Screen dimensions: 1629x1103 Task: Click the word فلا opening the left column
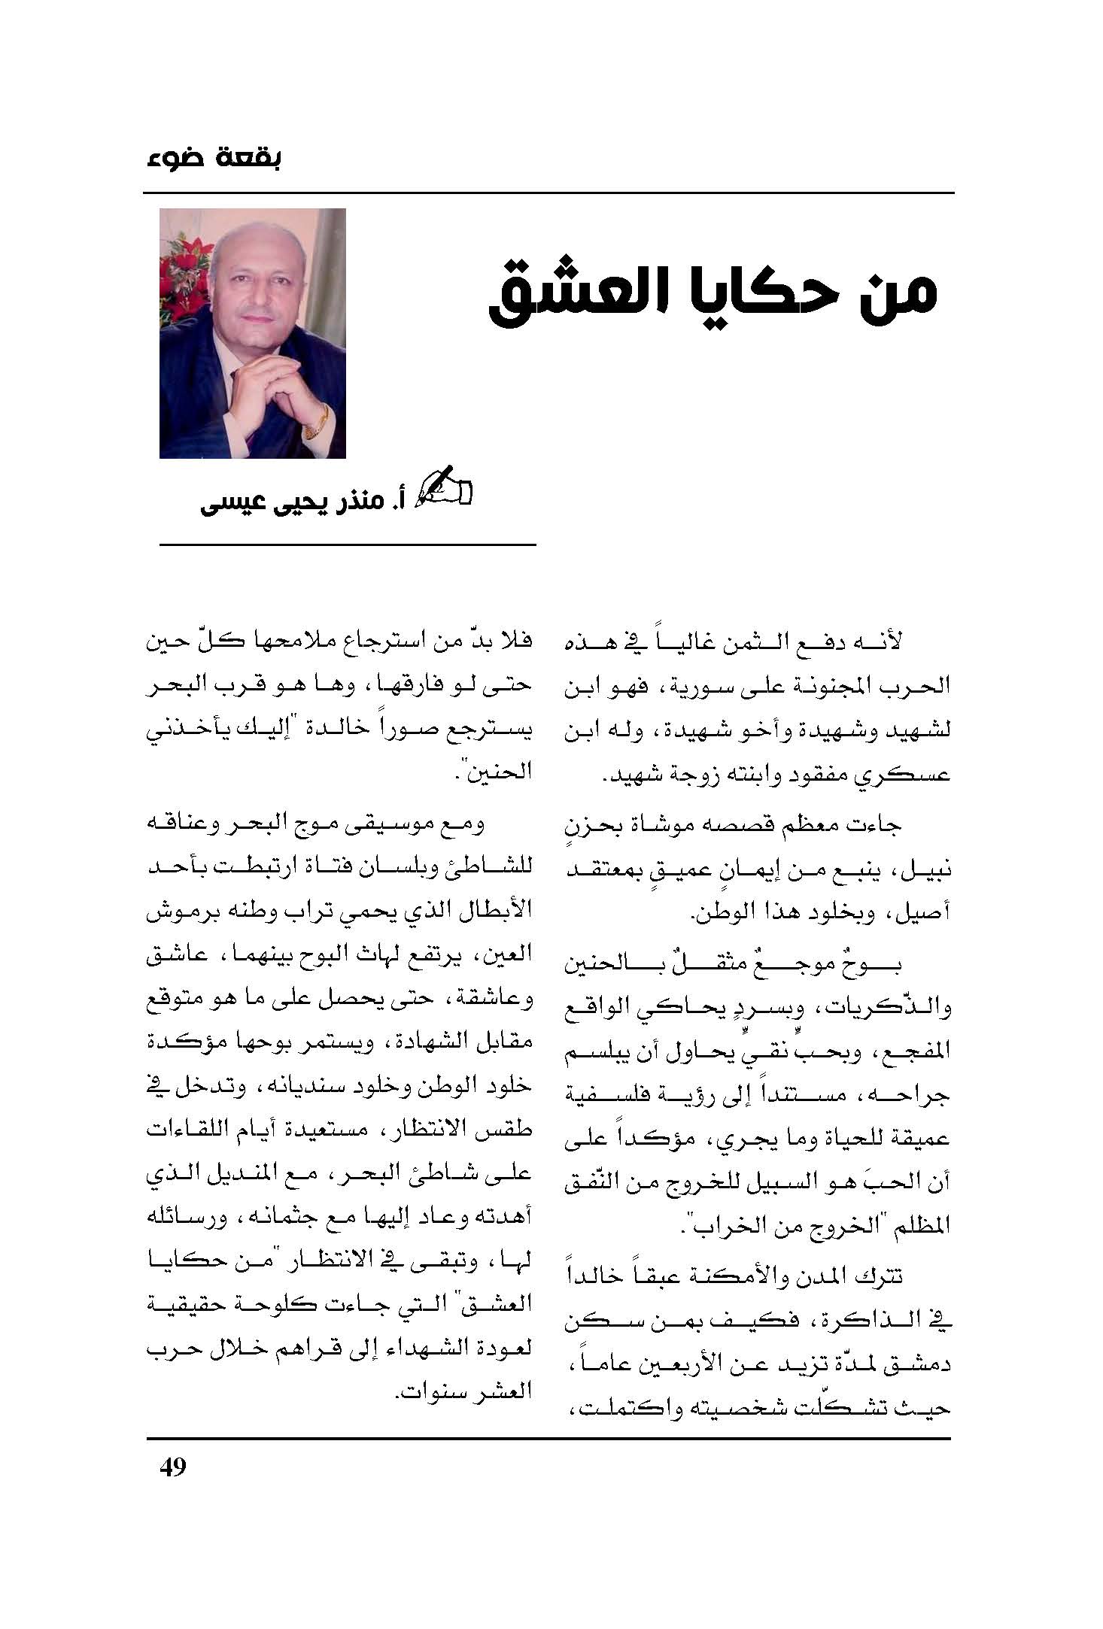pos(516,642)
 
